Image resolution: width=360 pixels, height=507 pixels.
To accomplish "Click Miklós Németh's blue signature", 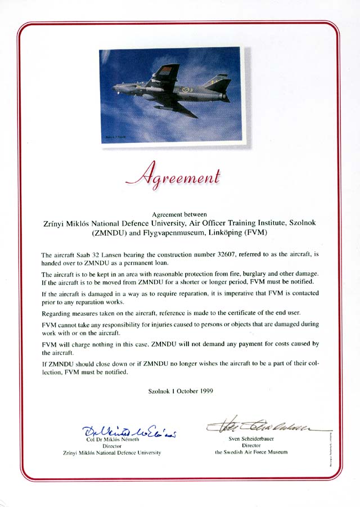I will (x=129, y=432).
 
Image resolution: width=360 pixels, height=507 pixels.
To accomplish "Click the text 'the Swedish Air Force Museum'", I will (x=251, y=452).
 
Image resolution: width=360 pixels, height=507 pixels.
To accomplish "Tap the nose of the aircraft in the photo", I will (x=115, y=87).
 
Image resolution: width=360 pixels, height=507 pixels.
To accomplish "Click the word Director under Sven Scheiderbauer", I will (x=251, y=445).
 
